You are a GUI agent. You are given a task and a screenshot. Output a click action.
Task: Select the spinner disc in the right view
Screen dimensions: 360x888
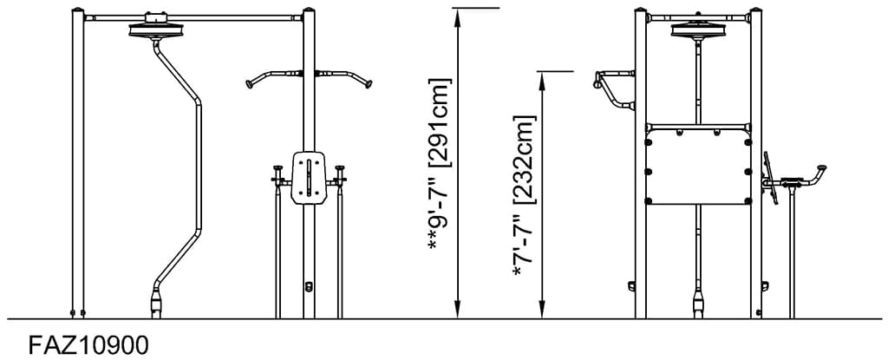(x=698, y=31)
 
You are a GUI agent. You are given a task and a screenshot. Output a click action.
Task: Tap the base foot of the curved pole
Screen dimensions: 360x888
(x=156, y=304)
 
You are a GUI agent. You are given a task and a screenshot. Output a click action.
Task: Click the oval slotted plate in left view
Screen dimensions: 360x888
(x=310, y=178)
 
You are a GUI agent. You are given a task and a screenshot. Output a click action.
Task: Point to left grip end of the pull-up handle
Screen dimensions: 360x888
(x=250, y=84)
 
